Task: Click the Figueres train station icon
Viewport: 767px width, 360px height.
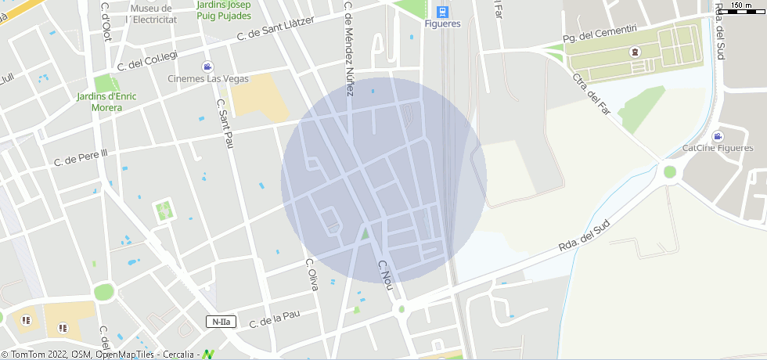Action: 442,11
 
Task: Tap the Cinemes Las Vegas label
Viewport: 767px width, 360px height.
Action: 208,78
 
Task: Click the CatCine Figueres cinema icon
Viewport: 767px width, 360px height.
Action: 718,136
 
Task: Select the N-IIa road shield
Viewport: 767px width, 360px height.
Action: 221,322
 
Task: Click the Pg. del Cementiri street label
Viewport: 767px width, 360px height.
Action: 600,34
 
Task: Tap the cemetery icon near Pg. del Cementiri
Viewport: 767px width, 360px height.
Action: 635,53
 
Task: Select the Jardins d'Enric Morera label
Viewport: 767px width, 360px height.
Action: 106,102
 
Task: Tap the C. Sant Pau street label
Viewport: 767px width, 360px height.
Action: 225,124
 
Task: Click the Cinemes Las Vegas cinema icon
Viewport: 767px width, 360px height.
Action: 207,67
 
